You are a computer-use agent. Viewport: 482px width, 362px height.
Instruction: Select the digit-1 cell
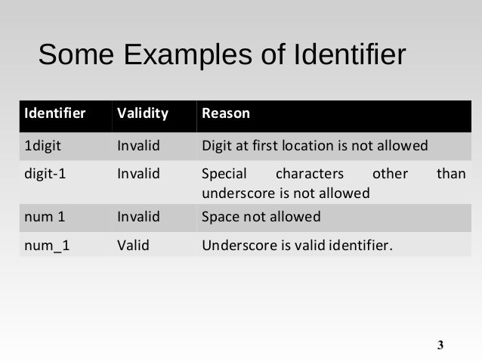(x=46, y=175)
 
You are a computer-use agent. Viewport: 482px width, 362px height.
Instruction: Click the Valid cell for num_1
(x=134, y=244)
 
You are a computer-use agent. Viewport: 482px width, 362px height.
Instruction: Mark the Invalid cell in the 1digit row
(x=139, y=145)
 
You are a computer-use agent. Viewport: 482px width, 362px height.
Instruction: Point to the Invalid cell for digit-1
(x=139, y=175)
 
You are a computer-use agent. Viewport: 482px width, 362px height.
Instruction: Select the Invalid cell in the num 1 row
(x=139, y=217)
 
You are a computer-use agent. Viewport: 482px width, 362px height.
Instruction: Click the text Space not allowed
(x=261, y=217)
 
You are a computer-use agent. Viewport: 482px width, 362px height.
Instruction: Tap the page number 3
(x=441, y=346)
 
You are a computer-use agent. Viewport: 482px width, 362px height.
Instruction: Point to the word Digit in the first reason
(x=217, y=145)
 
